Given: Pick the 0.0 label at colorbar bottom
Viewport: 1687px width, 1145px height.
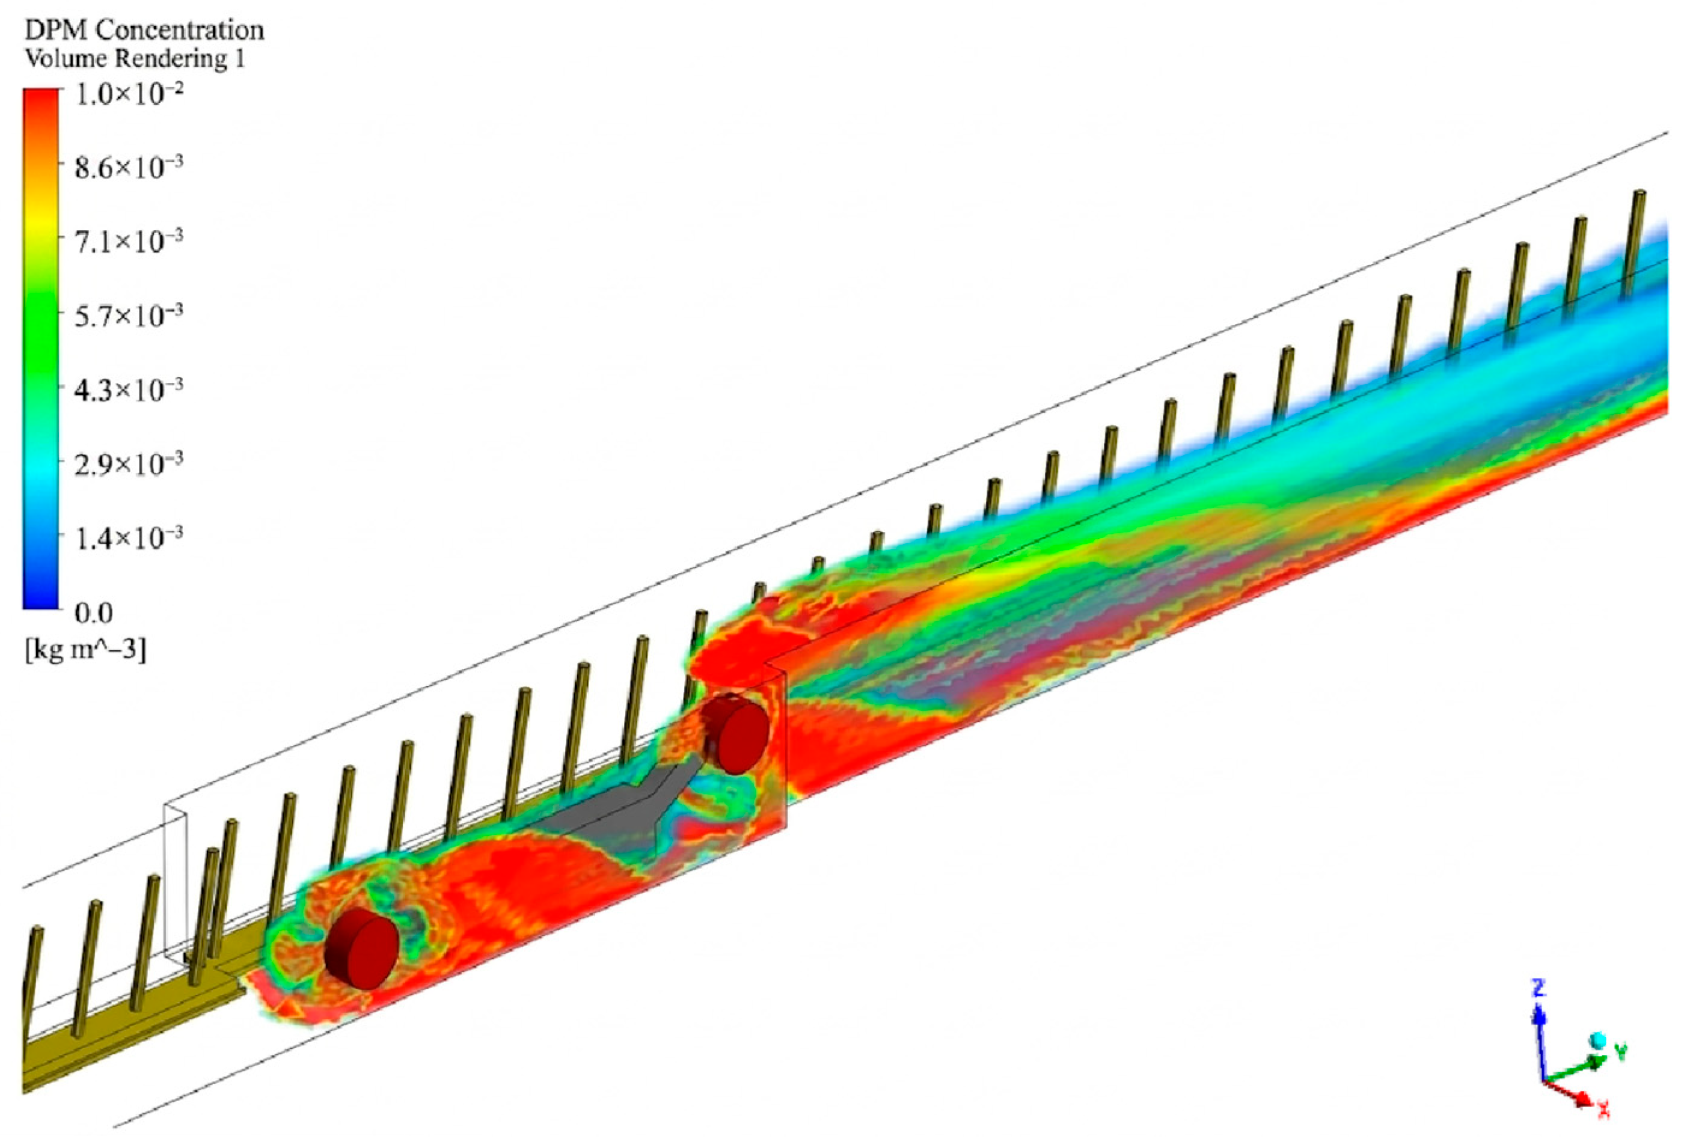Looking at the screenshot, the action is pyautogui.click(x=94, y=614).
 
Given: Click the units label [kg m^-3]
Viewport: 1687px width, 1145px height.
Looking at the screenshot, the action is pyautogui.click(x=85, y=650).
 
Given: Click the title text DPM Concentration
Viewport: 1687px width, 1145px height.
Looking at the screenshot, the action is pyautogui.click(x=144, y=31).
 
